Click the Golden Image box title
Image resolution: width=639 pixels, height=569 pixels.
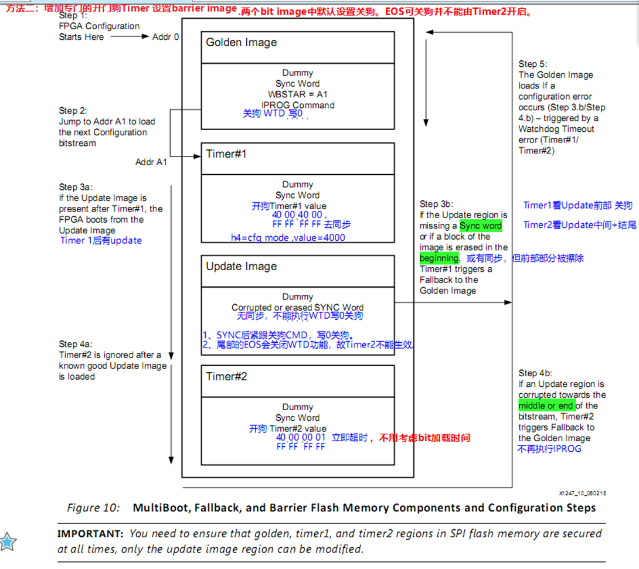tap(241, 43)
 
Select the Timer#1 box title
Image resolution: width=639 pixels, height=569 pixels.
tap(226, 154)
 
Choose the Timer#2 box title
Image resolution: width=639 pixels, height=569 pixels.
tap(226, 376)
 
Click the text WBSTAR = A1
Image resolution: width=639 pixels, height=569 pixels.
tap(297, 94)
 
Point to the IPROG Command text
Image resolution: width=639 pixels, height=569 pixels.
tap(298, 105)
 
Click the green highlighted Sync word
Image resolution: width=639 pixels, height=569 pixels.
tap(481, 226)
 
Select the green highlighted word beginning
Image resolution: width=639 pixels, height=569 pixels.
tap(439, 258)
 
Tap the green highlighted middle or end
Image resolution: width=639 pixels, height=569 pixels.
tap(546, 406)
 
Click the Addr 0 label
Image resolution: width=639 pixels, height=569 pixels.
tap(165, 37)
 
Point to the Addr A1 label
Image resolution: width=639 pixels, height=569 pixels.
tap(151, 162)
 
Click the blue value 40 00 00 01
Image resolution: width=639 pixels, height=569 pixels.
tap(301, 438)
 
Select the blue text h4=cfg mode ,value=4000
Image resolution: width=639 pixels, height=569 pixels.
tap(288, 237)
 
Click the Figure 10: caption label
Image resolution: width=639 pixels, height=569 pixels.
tap(93, 507)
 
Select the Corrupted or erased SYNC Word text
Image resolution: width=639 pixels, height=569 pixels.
tap(297, 307)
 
